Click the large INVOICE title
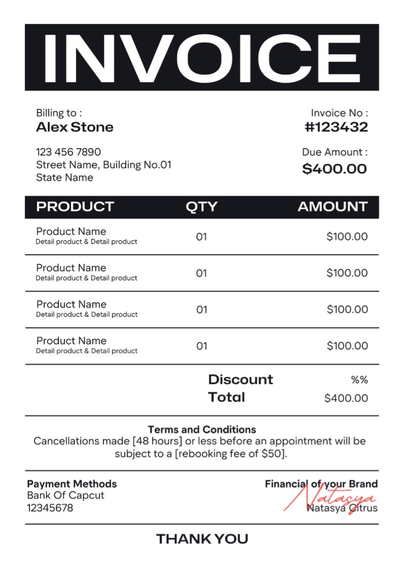[201, 57]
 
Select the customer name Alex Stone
[75, 127]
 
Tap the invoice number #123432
[336, 127]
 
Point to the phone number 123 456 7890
[68, 152]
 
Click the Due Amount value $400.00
[334, 169]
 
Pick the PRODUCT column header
[75, 207]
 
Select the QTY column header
[201, 207]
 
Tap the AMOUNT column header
[332, 207]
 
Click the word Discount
[240, 379]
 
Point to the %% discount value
[359, 380]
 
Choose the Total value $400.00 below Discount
[346, 398]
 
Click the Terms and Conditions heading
[202, 430]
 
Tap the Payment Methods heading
[72, 484]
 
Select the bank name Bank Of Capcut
[65, 495]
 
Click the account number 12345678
[50, 508]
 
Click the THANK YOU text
[202, 539]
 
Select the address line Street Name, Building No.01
[103, 165]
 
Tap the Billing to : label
[59, 113]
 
